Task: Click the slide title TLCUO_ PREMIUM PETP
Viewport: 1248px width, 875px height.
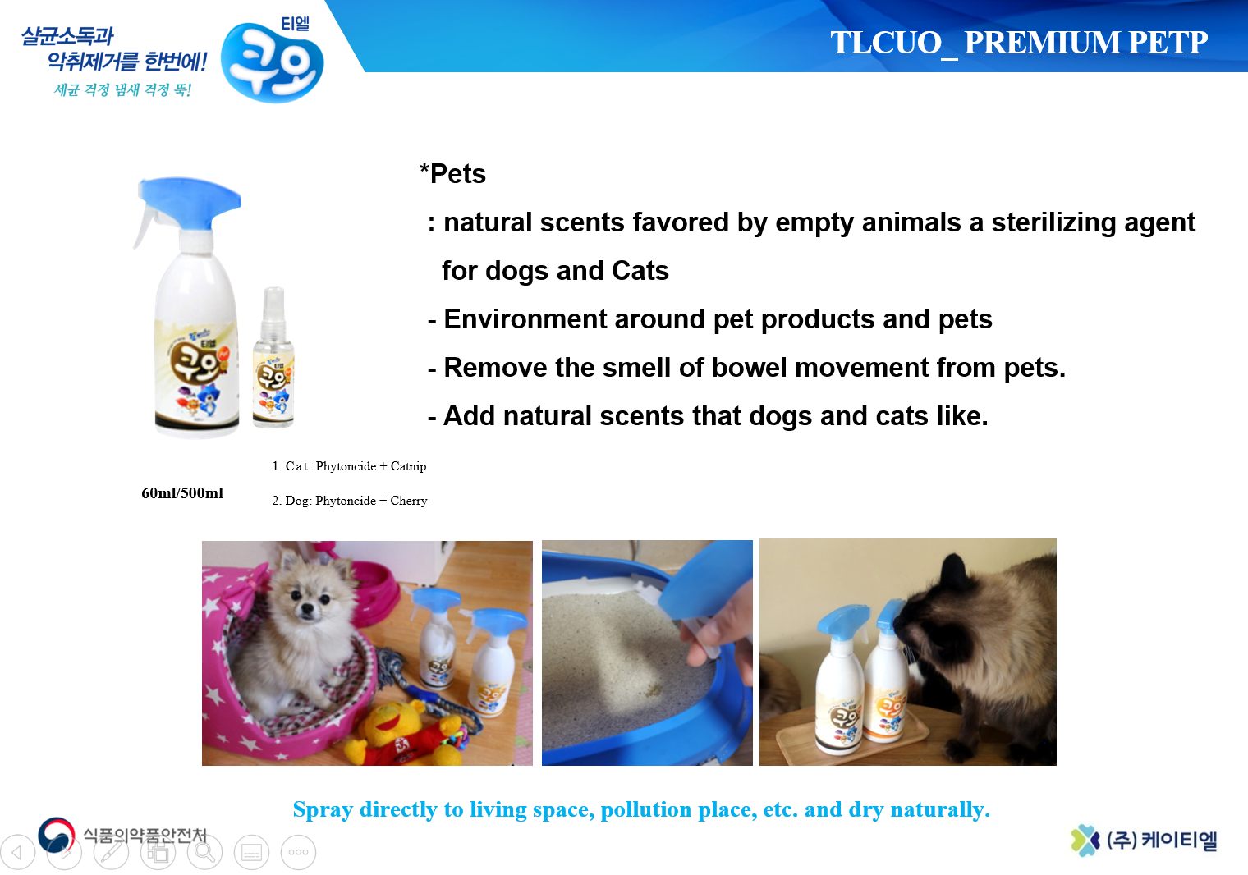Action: (x=1018, y=43)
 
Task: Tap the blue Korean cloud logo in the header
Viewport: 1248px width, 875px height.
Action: (x=273, y=62)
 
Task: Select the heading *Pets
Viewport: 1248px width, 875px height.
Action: (x=452, y=174)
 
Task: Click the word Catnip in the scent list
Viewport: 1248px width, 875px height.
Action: (x=408, y=466)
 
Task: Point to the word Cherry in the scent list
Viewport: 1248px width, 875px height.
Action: (x=408, y=501)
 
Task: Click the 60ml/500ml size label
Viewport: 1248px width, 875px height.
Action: (x=182, y=493)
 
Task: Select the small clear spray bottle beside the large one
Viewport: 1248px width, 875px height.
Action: (x=273, y=358)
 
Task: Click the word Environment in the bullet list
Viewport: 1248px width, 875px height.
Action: (x=524, y=319)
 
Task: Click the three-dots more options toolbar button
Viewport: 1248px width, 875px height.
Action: (x=298, y=852)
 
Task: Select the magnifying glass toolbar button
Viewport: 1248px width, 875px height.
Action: (x=204, y=852)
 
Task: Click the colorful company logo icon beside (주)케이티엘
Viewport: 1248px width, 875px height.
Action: (x=1085, y=840)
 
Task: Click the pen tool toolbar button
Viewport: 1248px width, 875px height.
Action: (x=111, y=852)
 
